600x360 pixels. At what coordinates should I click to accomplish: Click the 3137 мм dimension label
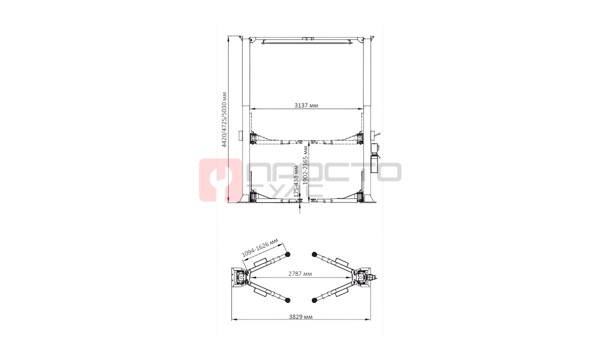306,105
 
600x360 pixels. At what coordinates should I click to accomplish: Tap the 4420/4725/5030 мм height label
224,119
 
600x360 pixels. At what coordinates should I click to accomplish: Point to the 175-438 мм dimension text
296,181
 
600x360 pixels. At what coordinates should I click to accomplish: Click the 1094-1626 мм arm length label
260,247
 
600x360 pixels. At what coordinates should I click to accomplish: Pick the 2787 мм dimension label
300,274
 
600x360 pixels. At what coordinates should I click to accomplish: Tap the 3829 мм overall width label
300,317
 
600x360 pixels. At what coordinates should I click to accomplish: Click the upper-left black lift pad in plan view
287,254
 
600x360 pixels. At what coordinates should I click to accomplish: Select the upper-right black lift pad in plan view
314,254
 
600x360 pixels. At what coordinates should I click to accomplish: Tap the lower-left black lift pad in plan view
287,300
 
